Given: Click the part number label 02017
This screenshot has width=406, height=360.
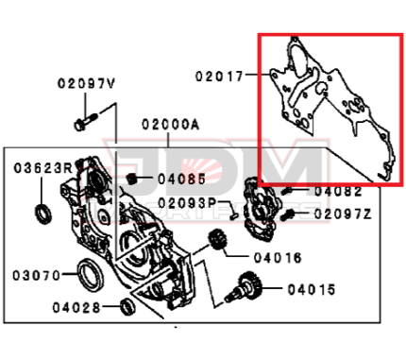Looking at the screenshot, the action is (x=219, y=77).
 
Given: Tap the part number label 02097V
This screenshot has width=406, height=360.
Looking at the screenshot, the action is (x=86, y=83).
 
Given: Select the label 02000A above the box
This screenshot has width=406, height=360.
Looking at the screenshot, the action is (x=171, y=125).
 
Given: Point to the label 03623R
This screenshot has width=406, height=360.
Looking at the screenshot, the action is (x=43, y=168).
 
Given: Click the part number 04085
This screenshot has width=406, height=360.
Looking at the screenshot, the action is (x=181, y=180).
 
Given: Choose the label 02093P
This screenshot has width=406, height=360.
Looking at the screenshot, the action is (x=187, y=203).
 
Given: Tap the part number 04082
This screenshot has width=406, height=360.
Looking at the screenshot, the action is (x=338, y=191).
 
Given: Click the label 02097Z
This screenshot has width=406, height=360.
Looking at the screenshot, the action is (x=343, y=214).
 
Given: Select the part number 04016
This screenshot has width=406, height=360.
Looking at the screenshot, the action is (x=278, y=258).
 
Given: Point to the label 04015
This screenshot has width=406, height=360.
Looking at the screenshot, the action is (x=312, y=289).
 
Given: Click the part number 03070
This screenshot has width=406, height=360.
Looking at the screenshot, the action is (x=36, y=276).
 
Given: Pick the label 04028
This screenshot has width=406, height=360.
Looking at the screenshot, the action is (x=76, y=307).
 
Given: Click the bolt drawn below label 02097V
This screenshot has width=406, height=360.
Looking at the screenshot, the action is (x=86, y=122).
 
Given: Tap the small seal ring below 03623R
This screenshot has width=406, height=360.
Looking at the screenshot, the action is (x=43, y=214).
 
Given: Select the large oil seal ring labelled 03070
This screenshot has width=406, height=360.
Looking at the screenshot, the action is (x=91, y=275).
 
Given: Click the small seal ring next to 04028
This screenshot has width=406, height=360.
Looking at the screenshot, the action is (x=127, y=306).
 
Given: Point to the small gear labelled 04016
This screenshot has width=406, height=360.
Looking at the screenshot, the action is (x=217, y=240).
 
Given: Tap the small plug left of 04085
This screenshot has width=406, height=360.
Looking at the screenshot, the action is (x=132, y=179).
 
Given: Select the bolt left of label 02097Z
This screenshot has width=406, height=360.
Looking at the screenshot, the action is (x=287, y=215).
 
